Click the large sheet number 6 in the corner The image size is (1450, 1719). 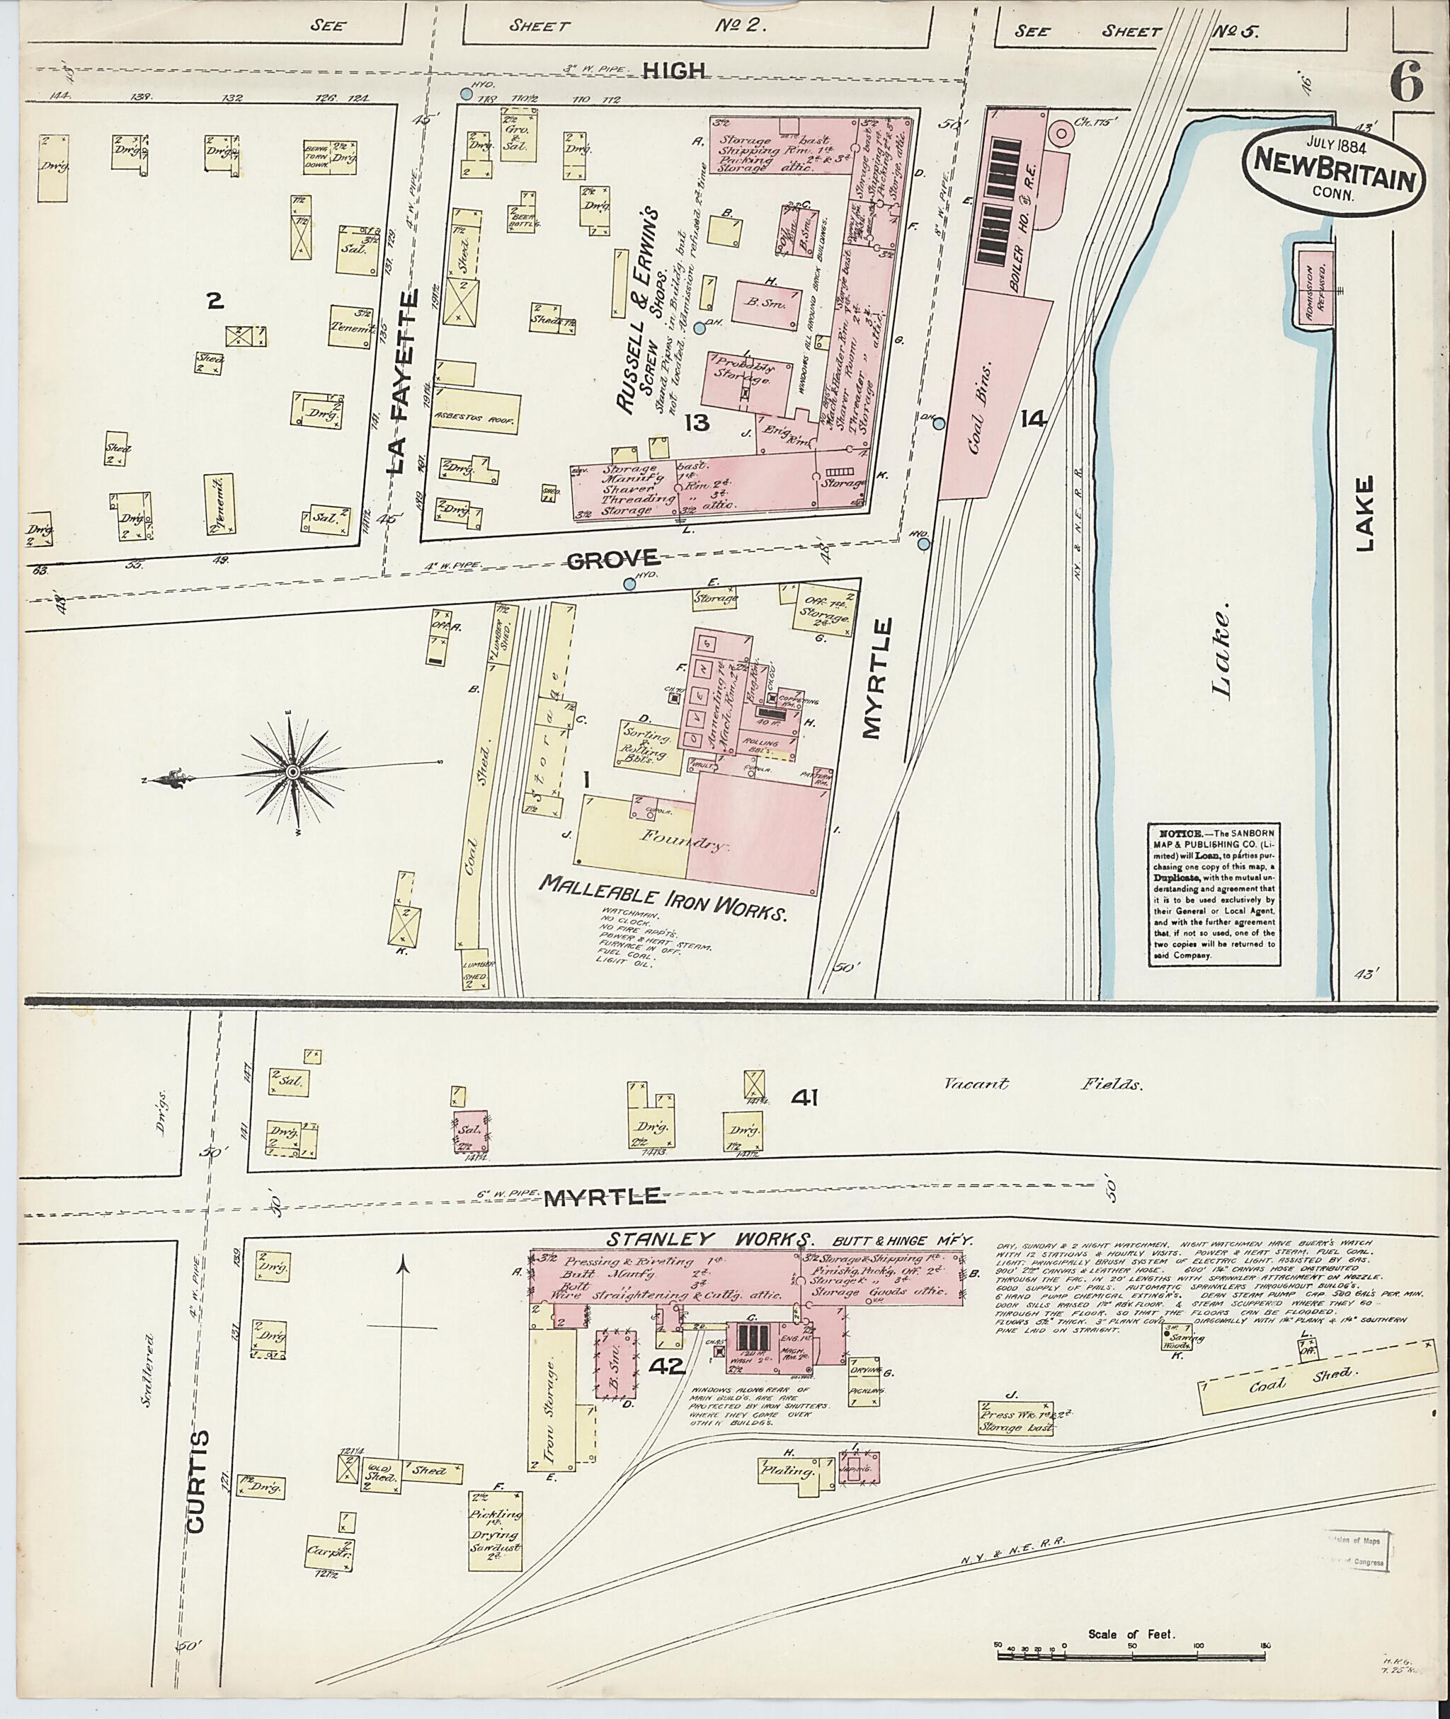tap(1408, 83)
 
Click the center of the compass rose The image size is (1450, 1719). tap(292, 771)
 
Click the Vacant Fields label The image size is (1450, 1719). tap(1041, 1086)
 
